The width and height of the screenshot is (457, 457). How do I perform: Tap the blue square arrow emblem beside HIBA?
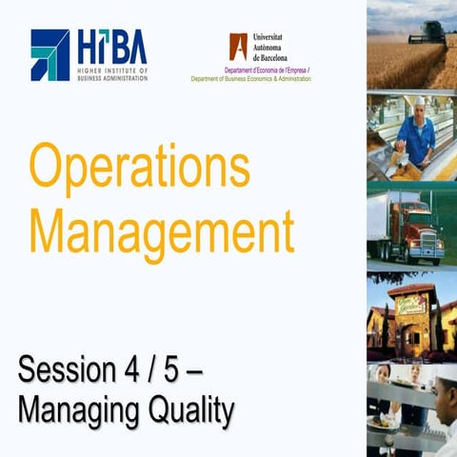(x=50, y=54)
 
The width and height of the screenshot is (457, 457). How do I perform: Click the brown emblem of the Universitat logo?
(x=238, y=46)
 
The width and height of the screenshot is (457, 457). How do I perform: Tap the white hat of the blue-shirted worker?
(x=419, y=100)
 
